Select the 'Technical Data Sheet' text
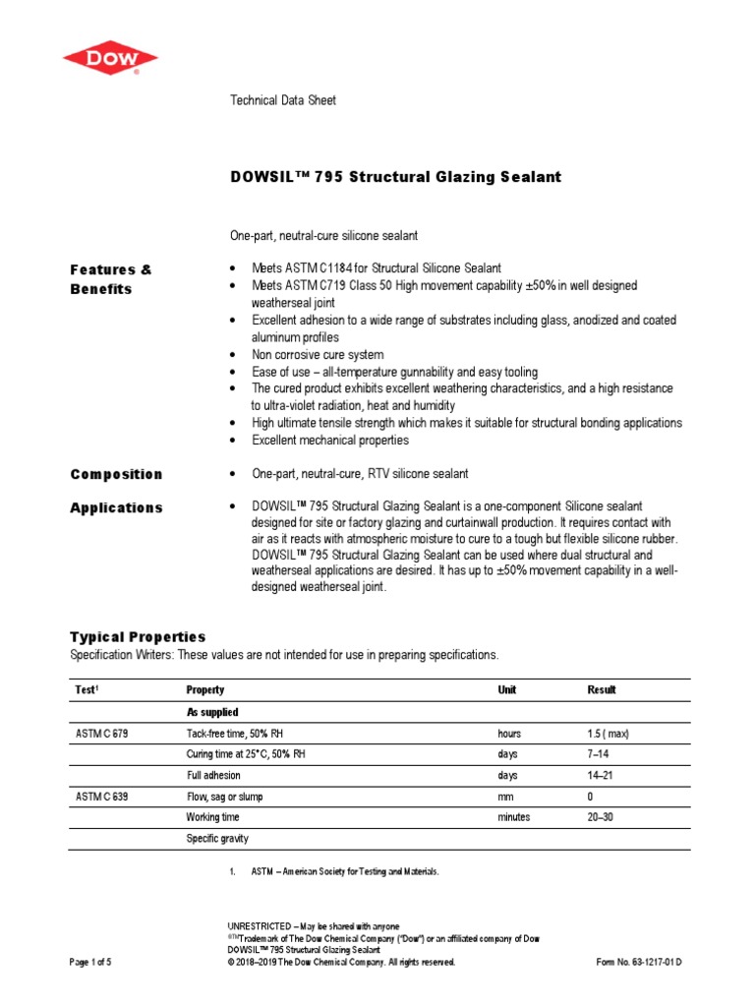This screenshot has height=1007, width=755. pos(282,100)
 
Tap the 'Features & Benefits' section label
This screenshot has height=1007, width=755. pos(111,279)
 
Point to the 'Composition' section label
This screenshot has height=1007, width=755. pos(116,474)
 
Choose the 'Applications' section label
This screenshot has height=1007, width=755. pos(116,507)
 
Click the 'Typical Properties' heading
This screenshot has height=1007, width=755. pos(138,636)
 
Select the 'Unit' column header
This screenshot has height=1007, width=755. pos(507,690)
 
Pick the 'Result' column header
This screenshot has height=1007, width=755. pos(602,690)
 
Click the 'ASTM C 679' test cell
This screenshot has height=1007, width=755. pos(101,734)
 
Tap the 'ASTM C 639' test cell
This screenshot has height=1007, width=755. pos(101,797)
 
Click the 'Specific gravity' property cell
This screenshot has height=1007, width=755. pos(217,839)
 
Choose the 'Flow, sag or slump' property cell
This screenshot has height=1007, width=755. pos(224,797)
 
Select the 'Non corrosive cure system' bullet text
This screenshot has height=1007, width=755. pos(318,354)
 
